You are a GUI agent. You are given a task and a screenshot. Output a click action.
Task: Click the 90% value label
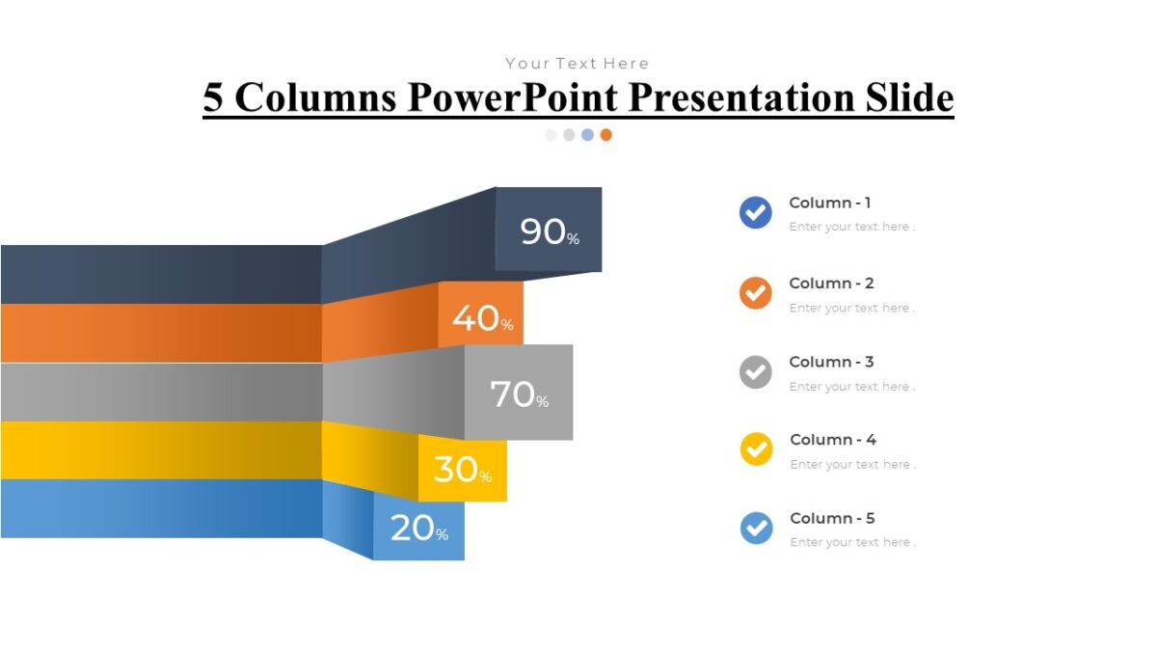[x=550, y=231]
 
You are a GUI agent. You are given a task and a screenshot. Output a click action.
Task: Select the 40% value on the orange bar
[x=482, y=317]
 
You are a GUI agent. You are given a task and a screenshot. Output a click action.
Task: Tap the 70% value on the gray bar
[x=519, y=393]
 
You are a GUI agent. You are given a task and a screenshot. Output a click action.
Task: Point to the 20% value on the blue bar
[x=418, y=528]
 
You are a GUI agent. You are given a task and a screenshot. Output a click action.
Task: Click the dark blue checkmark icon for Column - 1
[x=755, y=212]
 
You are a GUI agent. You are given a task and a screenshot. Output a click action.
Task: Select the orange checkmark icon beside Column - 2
[x=755, y=292]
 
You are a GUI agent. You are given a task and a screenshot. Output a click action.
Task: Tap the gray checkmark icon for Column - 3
[x=755, y=371]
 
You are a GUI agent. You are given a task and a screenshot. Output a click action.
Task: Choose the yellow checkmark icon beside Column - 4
[x=756, y=449]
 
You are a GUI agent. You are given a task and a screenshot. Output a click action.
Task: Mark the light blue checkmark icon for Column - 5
[x=756, y=528]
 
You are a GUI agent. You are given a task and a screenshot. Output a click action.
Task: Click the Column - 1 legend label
[x=830, y=203]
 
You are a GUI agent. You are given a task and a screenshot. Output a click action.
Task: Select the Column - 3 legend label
[x=831, y=362]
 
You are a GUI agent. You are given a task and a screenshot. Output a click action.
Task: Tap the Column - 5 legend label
[x=832, y=518]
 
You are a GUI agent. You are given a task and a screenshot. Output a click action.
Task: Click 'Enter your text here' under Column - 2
[x=851, y=309]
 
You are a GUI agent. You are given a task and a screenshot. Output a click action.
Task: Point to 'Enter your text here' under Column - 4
[x=852, y=465]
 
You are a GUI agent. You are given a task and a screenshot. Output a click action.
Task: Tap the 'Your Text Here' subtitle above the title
[x=577, y=64]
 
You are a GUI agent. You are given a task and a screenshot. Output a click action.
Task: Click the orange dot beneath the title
[x=605, y=135]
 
